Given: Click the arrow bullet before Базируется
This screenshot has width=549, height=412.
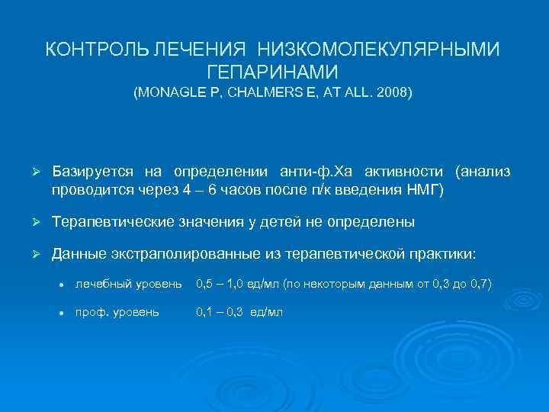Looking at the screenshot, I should click(34, 172).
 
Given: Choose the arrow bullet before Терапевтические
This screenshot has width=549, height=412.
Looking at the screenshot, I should click(34, 222).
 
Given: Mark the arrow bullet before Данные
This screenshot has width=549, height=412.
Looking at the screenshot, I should click(34, 253).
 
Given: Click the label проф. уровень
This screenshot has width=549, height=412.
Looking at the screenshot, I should click(117, 313).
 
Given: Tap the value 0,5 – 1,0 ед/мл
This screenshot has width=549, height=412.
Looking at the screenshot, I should click(237, 285).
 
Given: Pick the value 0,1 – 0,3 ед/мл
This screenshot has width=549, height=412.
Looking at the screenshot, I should click(239, 313).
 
